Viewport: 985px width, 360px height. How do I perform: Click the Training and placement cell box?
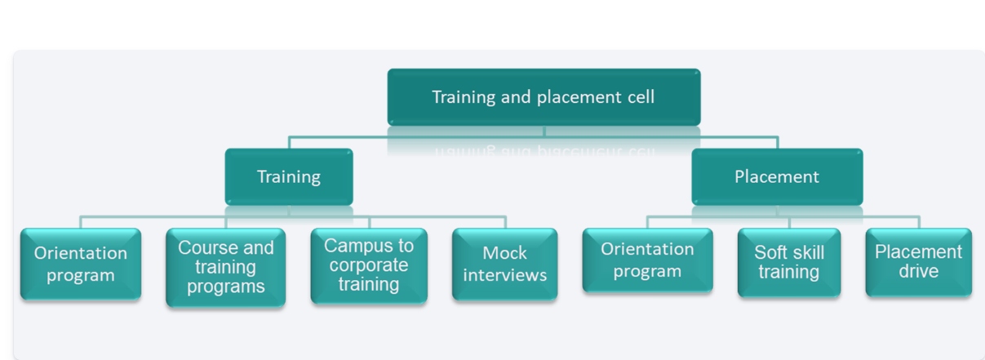544,97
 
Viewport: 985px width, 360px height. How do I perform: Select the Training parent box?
289,176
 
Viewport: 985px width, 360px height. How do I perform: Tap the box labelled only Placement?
777,176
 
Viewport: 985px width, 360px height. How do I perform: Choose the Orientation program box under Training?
81,264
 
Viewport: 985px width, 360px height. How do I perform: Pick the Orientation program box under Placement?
647,260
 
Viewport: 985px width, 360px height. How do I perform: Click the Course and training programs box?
225,267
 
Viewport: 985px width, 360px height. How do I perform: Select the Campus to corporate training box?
369,265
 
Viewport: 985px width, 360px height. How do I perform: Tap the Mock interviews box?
504,264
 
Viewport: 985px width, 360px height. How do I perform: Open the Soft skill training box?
789,262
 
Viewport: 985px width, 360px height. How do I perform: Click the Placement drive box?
919,262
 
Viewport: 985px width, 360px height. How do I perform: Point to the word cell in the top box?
639,97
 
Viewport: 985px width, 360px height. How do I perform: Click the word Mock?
504,253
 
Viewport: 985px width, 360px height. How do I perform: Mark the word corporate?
369,265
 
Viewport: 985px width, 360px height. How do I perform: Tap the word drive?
919,272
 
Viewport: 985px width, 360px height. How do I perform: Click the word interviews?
504,275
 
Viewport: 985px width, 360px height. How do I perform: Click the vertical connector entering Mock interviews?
505,222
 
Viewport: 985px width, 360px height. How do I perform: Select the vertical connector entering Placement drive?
919,222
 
